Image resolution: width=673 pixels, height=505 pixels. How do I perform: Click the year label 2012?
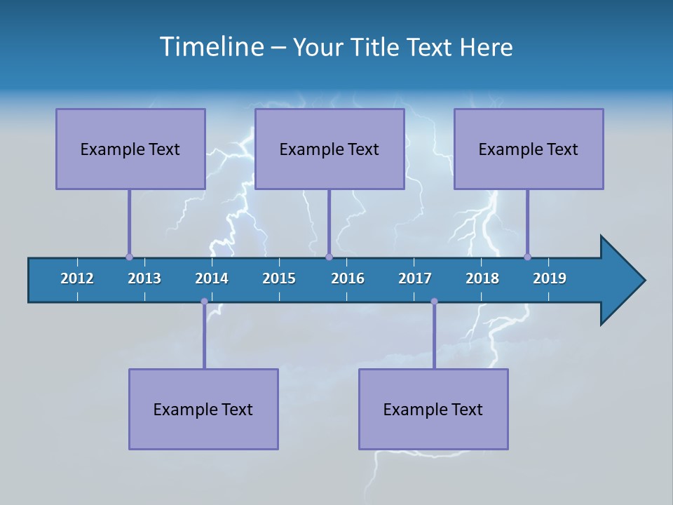click(77, 278)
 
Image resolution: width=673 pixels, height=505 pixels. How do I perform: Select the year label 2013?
click(144, 278)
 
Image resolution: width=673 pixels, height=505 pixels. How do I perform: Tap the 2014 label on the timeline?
click(212, 278)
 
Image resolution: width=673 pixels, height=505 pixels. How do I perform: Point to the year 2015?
click(279, 278)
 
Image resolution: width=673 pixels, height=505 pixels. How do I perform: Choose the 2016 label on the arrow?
click(348, 278)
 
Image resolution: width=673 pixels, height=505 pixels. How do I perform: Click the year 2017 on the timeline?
click(415, 278)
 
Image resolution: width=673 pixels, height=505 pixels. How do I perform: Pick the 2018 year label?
click(482, 278)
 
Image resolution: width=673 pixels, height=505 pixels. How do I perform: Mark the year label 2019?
click(550, 278)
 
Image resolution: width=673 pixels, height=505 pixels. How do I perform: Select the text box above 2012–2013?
click(130, 149)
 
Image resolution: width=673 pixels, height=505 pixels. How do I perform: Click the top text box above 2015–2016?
click(329, 149)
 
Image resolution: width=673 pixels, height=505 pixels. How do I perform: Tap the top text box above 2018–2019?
click(529, 149)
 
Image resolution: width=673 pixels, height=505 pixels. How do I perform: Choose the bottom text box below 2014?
click(203, 409)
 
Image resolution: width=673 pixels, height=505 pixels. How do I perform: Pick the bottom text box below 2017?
click(433, 409)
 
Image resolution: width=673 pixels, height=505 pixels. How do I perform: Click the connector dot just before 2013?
click(129, 257)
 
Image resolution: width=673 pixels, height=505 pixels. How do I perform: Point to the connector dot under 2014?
click(204, 302)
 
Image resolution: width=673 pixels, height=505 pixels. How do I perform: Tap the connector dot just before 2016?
click(329, 257)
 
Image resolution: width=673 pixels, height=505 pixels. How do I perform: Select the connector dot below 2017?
click(434, 302)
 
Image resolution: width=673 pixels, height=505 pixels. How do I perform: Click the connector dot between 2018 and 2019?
click(527, 257)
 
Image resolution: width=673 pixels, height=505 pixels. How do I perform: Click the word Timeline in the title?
click(210, 47)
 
